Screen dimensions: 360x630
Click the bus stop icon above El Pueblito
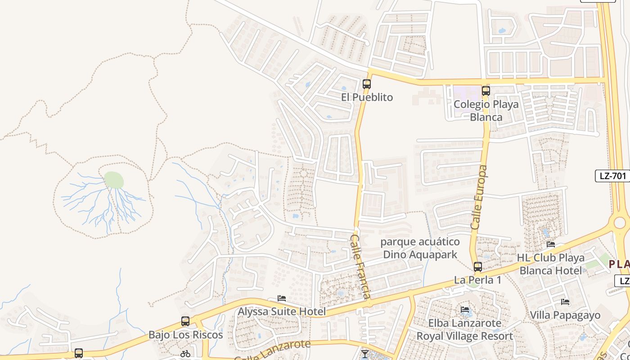[367, 84]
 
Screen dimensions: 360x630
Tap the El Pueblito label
[367, 97]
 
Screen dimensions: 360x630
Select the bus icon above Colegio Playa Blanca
[486, 91]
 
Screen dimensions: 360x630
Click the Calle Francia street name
[361, 266]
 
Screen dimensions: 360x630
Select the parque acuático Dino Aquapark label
[420, 248]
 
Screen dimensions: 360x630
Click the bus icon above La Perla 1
[478, 267]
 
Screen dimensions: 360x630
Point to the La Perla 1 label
[477, 280]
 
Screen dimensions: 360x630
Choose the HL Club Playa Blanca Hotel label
[552, 264]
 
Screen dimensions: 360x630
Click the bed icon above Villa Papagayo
[565, 302]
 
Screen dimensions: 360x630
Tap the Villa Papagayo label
[565, 315]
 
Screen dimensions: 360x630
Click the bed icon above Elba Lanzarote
[465, 310]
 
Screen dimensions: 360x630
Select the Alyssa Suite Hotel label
[282, 311]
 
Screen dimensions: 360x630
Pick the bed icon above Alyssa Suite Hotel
[282, 298]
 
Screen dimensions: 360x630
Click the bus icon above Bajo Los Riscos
[185, 321]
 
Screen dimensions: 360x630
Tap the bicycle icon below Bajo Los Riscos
[185, 354]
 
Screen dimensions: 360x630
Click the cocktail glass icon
[364, 354]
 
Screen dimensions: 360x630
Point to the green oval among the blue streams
[114, 180]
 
